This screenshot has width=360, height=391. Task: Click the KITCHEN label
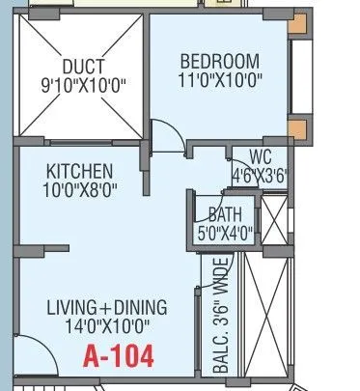coord(80,171)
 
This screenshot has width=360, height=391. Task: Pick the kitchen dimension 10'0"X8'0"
coord(80,190)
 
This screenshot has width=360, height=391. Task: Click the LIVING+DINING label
coord(107,308)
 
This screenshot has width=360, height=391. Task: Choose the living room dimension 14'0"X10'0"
coord(107,327)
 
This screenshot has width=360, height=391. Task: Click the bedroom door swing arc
coord(168,135)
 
